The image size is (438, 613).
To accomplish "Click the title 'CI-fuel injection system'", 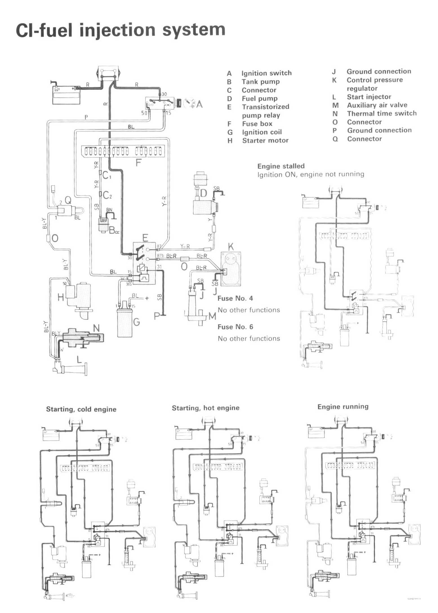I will [121, 30].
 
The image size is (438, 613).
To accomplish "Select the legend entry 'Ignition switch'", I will [266, 73].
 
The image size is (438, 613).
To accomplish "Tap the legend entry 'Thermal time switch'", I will [381, 114].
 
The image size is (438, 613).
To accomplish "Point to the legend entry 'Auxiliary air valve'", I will [377, 105].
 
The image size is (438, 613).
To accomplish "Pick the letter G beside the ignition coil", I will [136, 322].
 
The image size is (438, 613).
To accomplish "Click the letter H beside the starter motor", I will [61, 297].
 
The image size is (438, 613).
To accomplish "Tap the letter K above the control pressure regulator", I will [231, 247].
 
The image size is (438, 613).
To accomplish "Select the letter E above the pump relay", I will [145, 238].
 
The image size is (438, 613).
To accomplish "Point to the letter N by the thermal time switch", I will [96, 328].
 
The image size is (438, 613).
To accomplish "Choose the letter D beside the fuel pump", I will [203, 193].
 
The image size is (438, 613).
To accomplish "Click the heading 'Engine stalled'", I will [281, 166].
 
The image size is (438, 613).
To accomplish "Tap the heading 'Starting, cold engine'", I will [81, 409].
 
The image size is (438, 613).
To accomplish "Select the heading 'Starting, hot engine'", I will [206, 408].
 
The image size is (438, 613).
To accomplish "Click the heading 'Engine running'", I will [343, 406].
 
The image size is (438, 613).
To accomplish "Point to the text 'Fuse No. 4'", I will [235, 298].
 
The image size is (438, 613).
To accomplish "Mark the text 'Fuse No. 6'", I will [235, 327].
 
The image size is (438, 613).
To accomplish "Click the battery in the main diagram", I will [66, 95].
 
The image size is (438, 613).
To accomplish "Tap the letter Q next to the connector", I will [68, 200].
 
